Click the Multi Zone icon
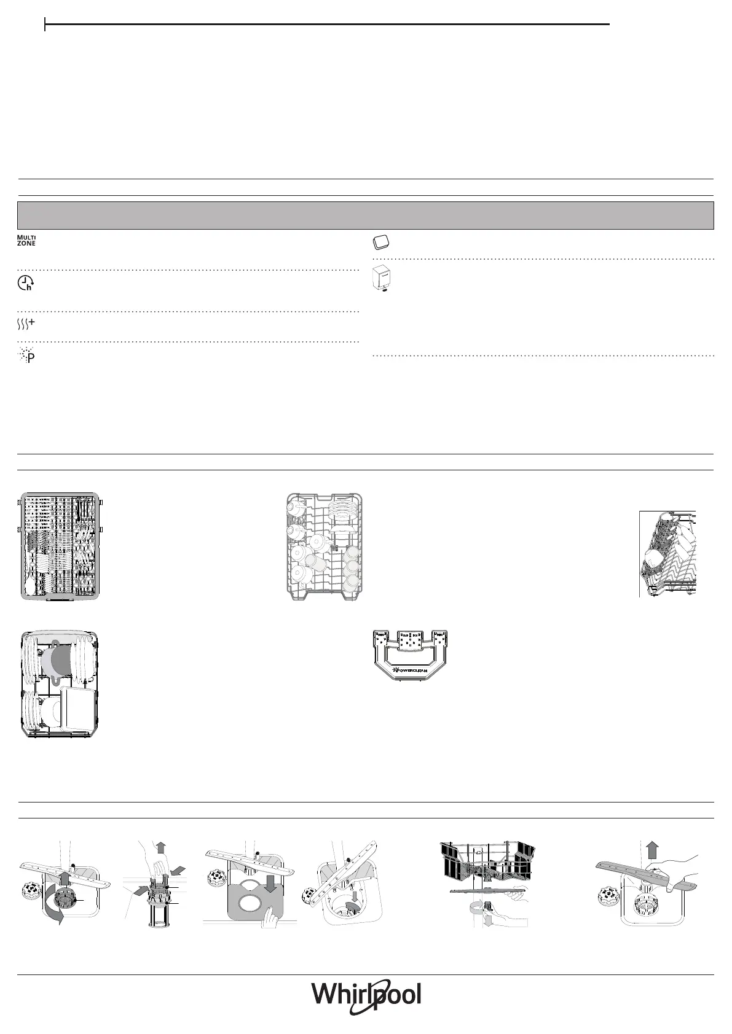(x=26, y=241)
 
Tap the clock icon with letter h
(x=26, y=283)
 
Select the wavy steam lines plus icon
(x=26, y=325)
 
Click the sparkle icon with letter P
(x=26, y=356)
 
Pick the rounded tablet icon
(x=381, y=242)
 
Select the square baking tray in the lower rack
(x=78, y=709)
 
